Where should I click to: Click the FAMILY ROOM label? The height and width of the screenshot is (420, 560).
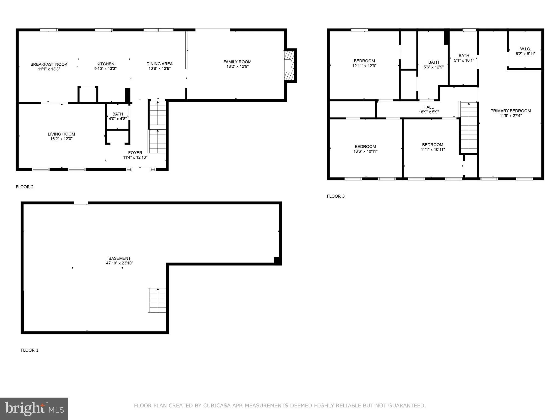(x=237, y=62)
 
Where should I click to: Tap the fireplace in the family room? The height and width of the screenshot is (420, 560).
(x=289, y=66)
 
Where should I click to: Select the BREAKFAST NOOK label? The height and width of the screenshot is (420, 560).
(x=49, y=64)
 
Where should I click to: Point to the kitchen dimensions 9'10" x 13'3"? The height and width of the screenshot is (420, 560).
(x=105, y=69)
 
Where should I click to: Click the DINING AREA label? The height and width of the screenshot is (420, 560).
(x=159, y=64)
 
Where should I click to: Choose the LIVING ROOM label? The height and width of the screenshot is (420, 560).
(x=61, y=134)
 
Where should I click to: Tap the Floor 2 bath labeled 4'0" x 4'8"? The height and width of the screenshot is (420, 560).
(x=118, y=116)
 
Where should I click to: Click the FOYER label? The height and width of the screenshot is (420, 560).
(x=135, y=153)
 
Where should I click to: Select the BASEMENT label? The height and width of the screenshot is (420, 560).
(x=119, y=258)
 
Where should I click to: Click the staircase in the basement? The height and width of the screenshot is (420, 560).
(x=157, y=300)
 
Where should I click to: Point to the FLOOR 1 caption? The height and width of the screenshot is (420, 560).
(x=30, y=350)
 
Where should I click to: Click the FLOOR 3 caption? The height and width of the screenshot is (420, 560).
(x=336, y=196)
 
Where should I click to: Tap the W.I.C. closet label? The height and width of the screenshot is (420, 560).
(x=525, y=49)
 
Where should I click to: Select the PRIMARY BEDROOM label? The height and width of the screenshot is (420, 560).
(x=510, y=111)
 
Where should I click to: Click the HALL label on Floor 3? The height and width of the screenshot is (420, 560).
(x=428, y=107)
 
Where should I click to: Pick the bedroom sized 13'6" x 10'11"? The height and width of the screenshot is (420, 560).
(x=365, y=149)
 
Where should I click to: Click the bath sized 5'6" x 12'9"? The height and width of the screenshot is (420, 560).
(x=433, y=65)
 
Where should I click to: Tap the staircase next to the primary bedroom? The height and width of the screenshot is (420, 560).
(x=469, y=128)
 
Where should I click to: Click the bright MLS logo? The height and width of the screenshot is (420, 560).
(x=34, y=409)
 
